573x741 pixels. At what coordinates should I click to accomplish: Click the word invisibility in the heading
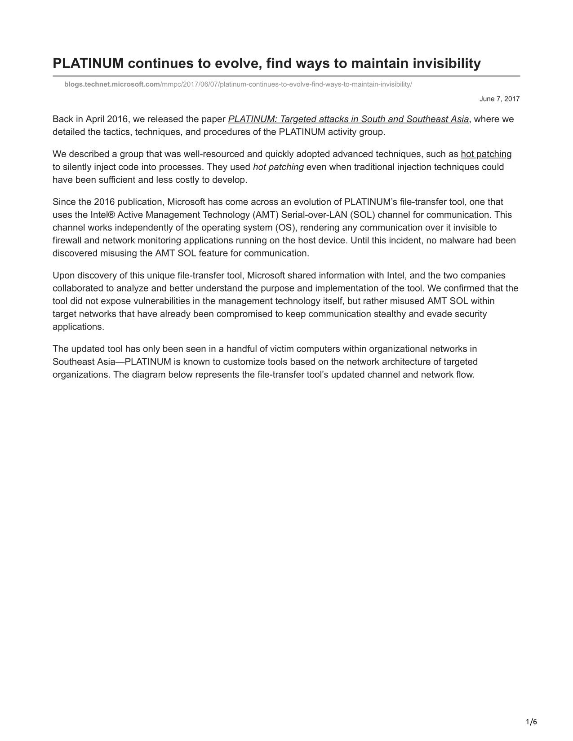441,63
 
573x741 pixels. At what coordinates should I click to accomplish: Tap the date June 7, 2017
499,99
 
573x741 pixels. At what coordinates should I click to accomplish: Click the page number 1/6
531,722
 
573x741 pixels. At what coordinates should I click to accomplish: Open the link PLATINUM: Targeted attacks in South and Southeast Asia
348,119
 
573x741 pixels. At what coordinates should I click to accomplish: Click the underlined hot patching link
486,154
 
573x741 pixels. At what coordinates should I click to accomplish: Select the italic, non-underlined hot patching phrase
278,167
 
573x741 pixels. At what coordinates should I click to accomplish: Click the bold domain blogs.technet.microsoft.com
112,84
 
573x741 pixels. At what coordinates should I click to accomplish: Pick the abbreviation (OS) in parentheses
285,228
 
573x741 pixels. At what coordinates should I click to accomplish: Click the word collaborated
77,288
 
